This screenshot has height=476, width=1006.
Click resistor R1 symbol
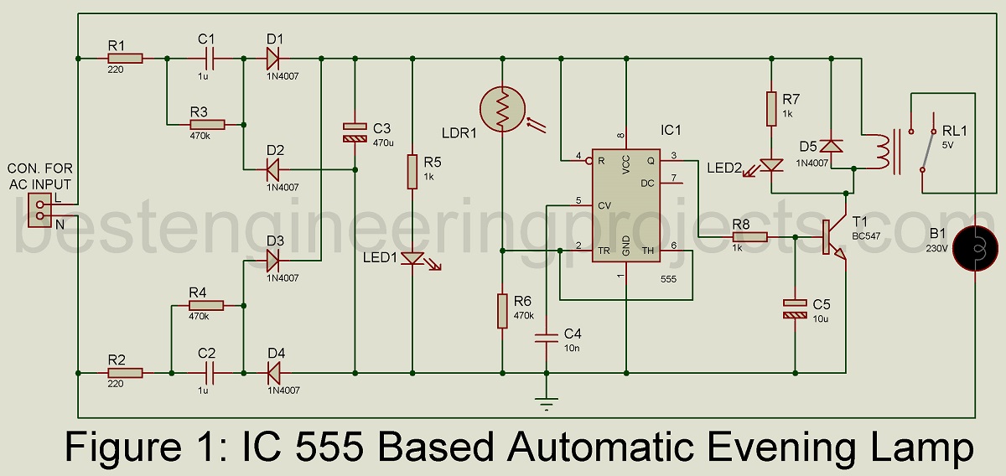[125, 59]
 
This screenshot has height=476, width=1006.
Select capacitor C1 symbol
[206, 59]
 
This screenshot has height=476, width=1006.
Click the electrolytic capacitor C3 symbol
[355, 132]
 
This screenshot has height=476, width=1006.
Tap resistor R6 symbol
[501, 310]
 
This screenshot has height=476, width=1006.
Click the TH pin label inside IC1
[647, 251]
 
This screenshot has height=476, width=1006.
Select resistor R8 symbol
[749, 237]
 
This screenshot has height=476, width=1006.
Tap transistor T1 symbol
[835, 238]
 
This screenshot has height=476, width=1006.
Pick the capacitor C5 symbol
[794, 308]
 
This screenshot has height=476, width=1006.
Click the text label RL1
[954, 131]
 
